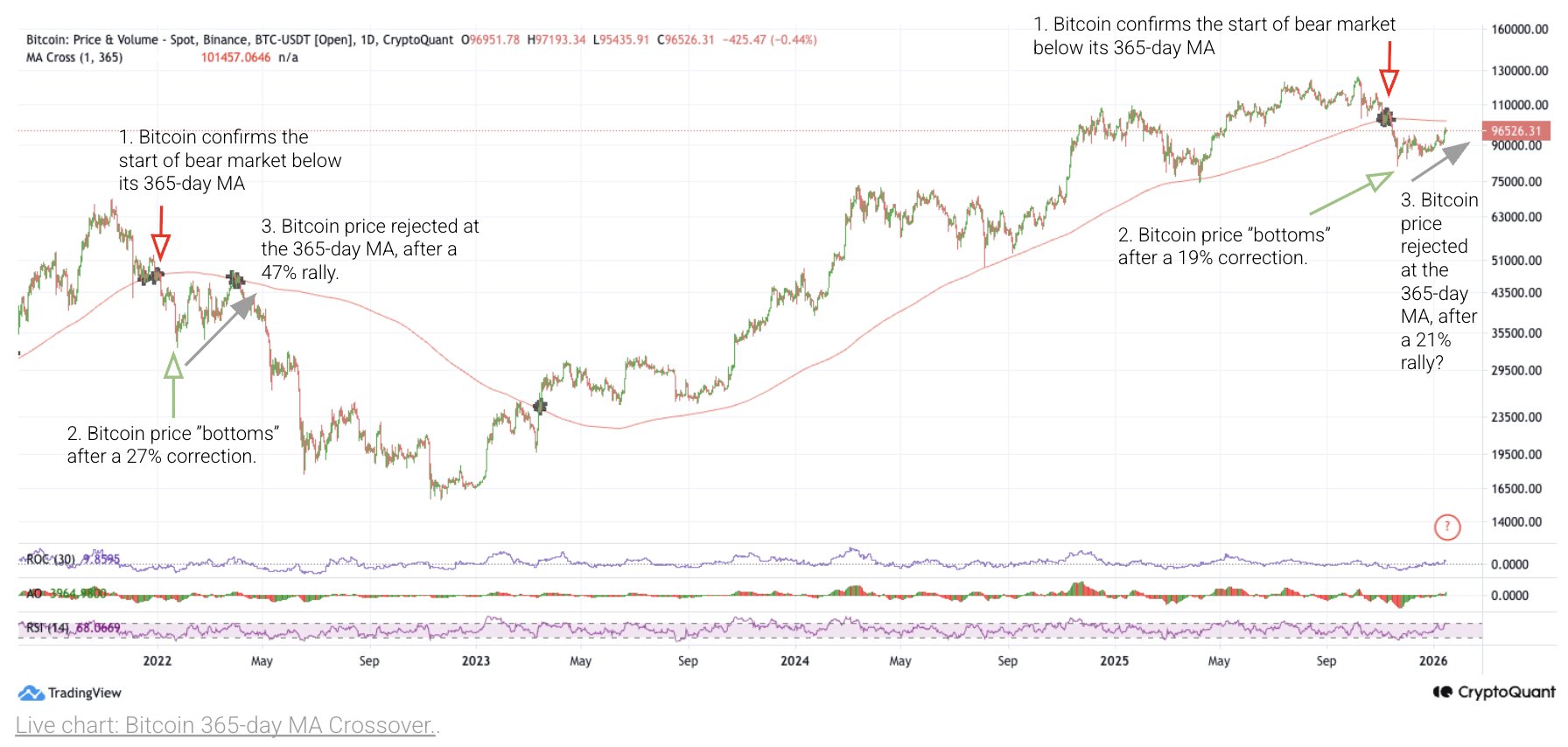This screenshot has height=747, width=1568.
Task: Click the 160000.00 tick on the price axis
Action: click(x=1519, y=29)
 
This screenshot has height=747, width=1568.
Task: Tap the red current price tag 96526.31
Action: click(x=1516, y=131)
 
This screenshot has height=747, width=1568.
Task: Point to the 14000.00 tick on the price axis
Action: click(x=1516, y=522)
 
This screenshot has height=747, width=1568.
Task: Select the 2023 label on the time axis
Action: click(x=476, y=660)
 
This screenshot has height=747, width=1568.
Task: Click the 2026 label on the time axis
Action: click(x=1432, y=660)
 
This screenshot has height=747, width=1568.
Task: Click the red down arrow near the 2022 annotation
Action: click(x=160, y=234)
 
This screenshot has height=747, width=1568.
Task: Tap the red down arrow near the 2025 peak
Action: click(x=1389, y=69)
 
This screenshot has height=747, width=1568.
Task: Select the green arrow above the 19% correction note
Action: click(x=1352, y=193)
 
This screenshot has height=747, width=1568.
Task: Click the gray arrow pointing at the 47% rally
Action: click(x=221, y=329)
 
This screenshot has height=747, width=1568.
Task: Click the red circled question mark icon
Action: click(x=1447, y=527)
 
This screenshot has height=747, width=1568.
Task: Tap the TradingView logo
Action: click(x=69, y=693)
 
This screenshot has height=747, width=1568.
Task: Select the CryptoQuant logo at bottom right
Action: click(x=1494, y=692)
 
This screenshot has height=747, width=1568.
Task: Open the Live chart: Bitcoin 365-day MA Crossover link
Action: click(x=227, y=725)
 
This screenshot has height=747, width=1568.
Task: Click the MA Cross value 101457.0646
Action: click(x=235, y=58)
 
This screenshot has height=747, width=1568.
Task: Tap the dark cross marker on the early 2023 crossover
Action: click(x=540, y=406)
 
